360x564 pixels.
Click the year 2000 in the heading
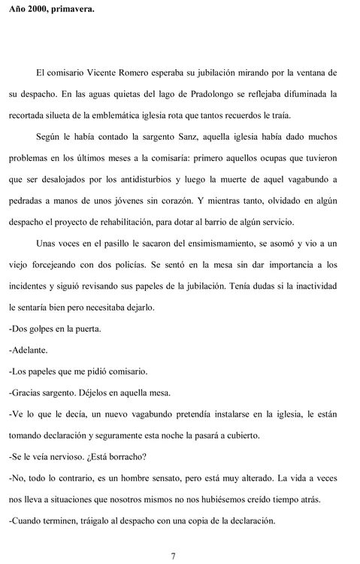(39, 10)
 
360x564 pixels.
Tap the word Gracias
(30, 392)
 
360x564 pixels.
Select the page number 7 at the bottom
(174, 556)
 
